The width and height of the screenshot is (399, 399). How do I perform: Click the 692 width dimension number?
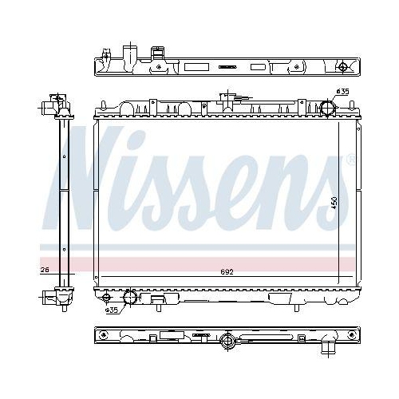click(227, 271)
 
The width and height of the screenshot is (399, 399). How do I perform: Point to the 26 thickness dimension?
click(45, 271)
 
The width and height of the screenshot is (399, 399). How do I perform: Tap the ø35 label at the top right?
click(342, 93)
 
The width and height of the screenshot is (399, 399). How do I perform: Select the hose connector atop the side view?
click(54, 104)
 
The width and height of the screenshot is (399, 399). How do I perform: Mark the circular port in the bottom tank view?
click(228, 343)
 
